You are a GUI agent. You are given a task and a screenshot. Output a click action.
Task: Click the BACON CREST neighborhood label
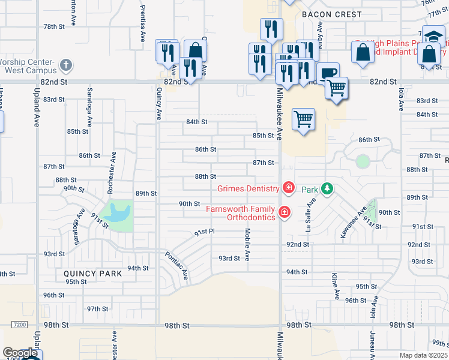click(332, 14)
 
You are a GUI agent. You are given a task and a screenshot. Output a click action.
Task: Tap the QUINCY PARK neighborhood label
click(93, 274)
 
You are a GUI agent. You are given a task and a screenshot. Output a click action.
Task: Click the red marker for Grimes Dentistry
click(288, 188)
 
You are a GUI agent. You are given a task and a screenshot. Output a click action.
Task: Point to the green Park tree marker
click(327, 188)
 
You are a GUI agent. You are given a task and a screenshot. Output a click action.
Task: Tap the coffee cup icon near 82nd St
click(327, 73)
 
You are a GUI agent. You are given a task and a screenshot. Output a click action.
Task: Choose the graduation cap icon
click(433, 36)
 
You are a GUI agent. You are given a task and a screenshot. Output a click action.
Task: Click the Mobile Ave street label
click(247, 244)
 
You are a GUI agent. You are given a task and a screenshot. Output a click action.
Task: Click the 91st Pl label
click(204, 232)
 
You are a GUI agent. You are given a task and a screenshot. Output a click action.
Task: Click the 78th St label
click(53, 27)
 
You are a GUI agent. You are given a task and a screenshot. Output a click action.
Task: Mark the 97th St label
click(97, 308)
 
